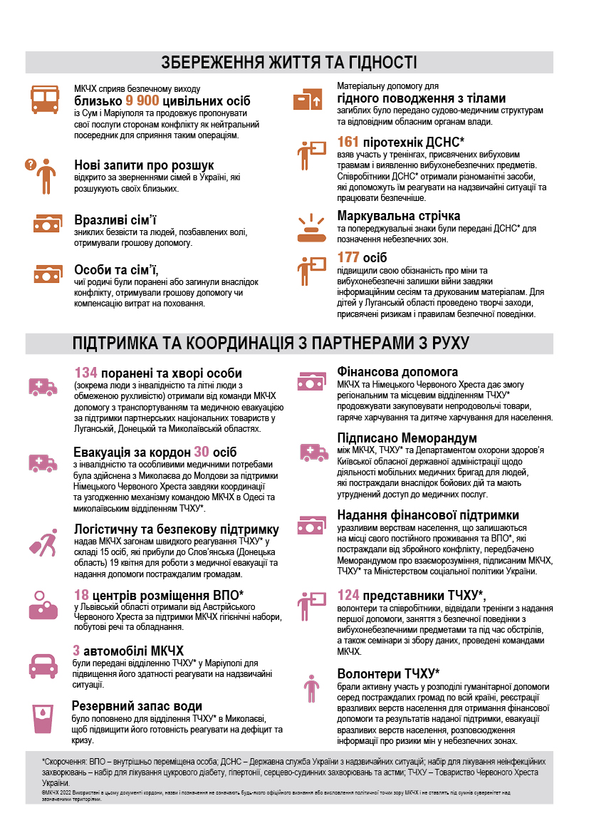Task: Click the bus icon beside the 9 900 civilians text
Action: click(x=43, y=99)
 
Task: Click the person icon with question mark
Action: click(x=41, y=174)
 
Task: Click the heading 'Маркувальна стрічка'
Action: click(x=399, y=215)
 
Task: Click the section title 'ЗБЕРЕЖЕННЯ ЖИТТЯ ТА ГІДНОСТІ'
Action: click(x=289, y=62)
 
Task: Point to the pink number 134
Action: click(x=85, y=373)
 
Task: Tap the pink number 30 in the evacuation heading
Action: click(x=202, y=452)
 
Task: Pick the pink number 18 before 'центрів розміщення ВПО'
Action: click(x=81, y=594)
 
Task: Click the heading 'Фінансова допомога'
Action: click(x=397, y=372)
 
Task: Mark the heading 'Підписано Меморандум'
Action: click(x=407, y=438)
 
